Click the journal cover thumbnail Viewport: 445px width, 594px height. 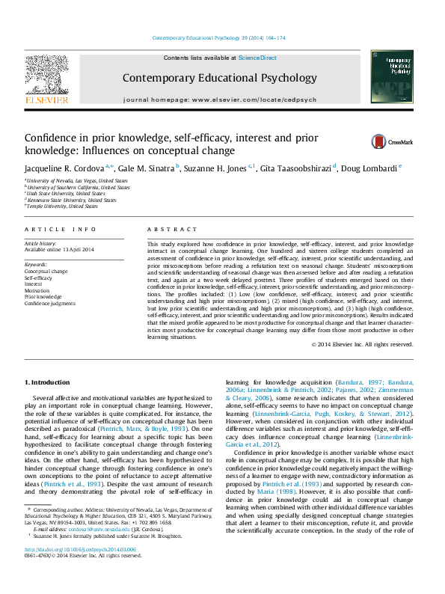[x=391, y=77]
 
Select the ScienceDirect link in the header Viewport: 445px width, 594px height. [x=257, y=58]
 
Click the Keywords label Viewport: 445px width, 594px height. [x=36, y=265]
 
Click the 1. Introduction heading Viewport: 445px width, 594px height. [x=49, y=383]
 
